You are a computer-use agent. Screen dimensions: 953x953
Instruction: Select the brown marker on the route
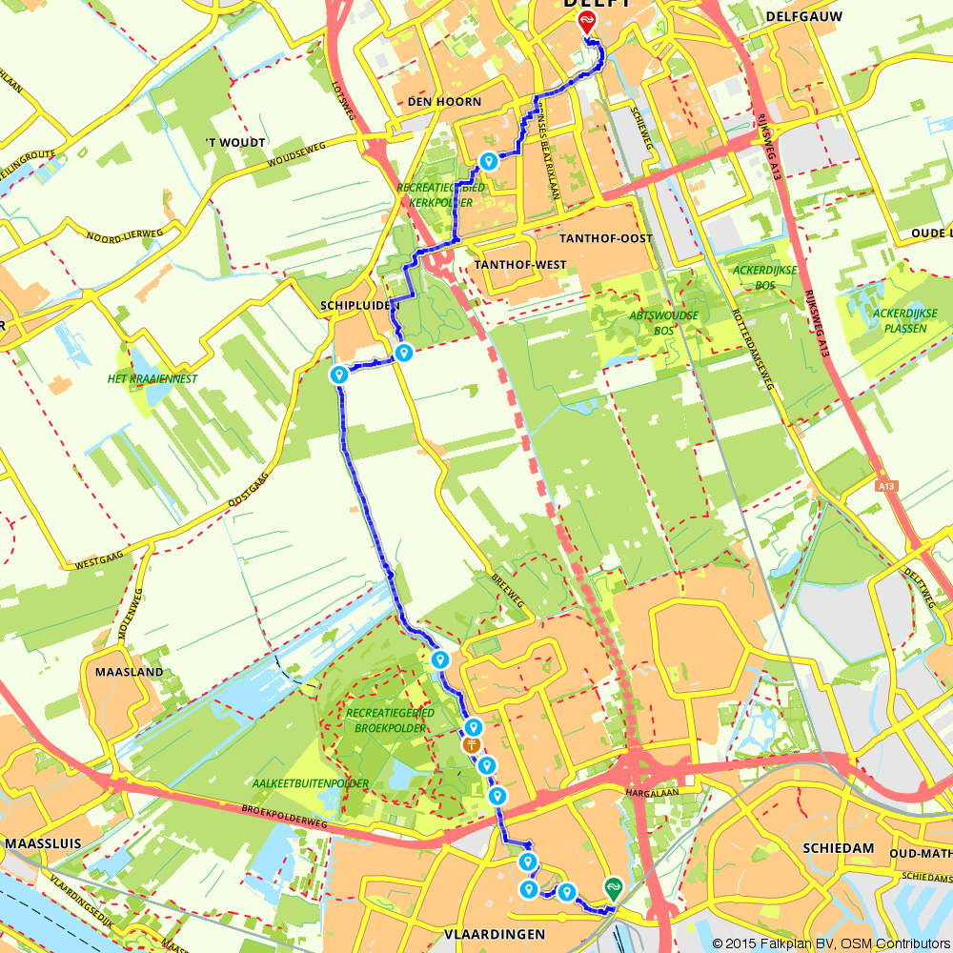[471, 745]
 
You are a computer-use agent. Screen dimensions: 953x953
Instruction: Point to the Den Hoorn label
[444, 102]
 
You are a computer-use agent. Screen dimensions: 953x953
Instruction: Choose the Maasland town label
[130, 672]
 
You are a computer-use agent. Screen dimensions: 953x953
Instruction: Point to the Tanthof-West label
[519, 264]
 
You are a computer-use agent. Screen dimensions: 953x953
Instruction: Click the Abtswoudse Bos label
[664, 322]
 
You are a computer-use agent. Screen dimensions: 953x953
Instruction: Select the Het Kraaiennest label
[152, 378]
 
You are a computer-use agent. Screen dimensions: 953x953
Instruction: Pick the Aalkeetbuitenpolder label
[311, 783]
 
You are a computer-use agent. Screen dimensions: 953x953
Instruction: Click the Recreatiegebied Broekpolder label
[391, 720]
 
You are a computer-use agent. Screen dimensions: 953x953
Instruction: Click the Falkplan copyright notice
[830, 943]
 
